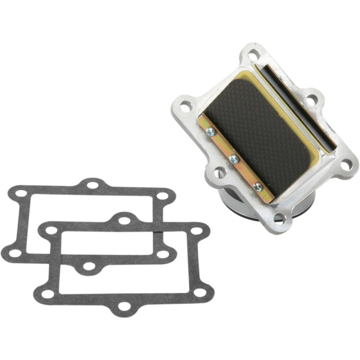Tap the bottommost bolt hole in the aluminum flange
click(280, 217)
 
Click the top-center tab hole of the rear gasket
click(93, 185)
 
